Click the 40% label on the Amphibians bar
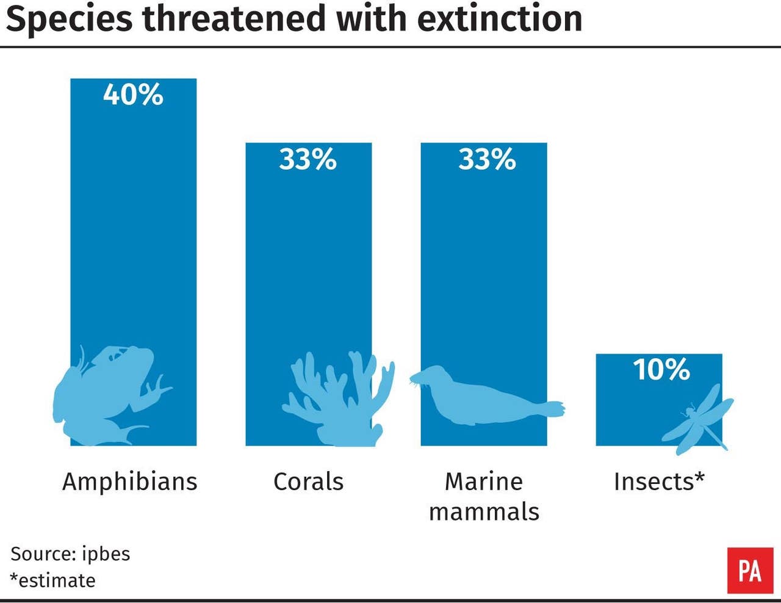[133, 95]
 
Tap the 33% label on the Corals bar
[308, 159]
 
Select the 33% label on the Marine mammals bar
[487, 159]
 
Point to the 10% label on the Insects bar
[661, 370]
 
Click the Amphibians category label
[130, 482]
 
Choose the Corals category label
[308, 482]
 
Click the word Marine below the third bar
[484, 482]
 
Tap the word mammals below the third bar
[484, 511]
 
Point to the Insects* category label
[659, 482]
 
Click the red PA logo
[749, 571]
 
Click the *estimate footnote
[52, 580]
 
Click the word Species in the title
[68, 18]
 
